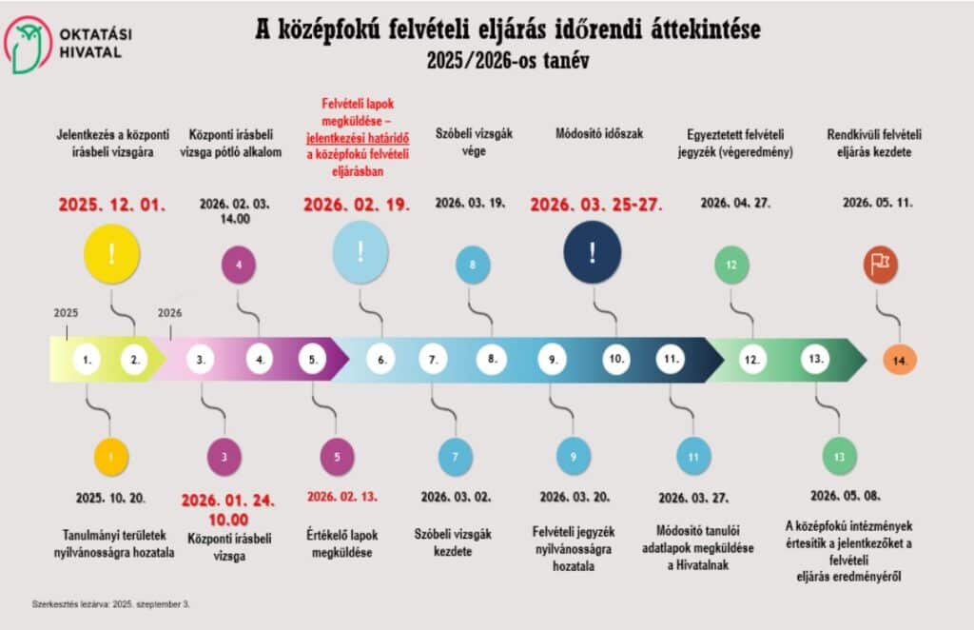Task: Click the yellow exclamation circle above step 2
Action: tap(111, 254)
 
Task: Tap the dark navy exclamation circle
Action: tap(592, 252)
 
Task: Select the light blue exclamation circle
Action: tap(360, 252)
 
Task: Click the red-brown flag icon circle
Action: tap(880, 265)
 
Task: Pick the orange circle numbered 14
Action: tap(899, 360)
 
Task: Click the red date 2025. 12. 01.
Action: tap(112, 205)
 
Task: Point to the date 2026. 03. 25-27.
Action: tap(595, 205)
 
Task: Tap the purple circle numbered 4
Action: tap(239, 265)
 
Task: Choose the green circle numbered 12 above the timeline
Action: tap(731, 265)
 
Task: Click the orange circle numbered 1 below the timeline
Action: tap(111, 457)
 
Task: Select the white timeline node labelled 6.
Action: tap(380, 360)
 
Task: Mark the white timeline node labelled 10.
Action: tap(616, 360)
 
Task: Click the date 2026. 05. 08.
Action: tap(845, 496)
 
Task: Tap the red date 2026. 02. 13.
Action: tap(341, 496)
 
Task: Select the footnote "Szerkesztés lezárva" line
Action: tap(106, 603)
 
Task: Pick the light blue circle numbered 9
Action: tap(574, 457)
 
